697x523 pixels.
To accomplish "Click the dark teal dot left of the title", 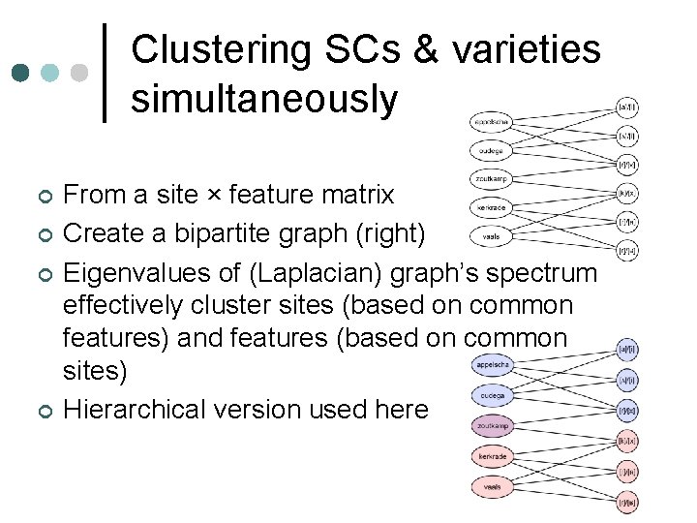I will click(18, 73).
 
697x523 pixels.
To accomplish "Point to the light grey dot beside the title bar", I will click(79, 73).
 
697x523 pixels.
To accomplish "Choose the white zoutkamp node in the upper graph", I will click(493, 179).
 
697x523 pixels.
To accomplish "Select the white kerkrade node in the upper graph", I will click(493, 207).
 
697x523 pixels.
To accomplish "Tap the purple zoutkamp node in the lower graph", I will click(493, 426).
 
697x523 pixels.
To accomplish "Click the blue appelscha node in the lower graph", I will click(493, 366).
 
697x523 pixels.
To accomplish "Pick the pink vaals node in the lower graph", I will click(493, 486).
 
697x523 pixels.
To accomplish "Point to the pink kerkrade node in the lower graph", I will click(493, 456).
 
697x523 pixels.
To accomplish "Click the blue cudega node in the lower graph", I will click(493, 396).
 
